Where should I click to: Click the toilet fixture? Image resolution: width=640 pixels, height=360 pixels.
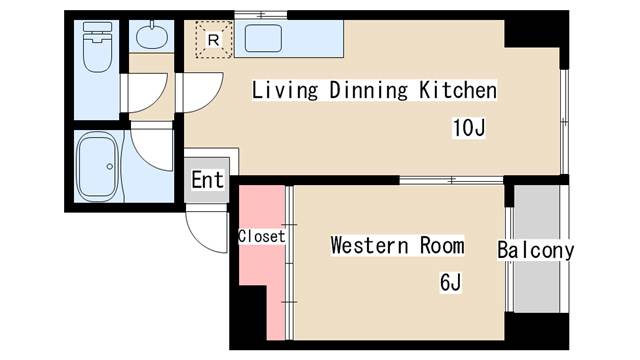(x=97, y=47)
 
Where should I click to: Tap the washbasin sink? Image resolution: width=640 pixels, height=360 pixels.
(x=152, y=36)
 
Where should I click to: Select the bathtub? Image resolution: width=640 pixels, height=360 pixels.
(x=98, y=167)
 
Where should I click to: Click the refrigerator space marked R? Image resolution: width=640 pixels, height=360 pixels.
(x=213, y=40)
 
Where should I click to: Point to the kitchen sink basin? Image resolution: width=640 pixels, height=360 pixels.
(x=263, y=38)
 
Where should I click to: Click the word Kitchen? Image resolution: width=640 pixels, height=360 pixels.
(x=458, y=90)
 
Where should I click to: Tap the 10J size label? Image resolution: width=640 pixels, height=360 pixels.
(x=469, y=128)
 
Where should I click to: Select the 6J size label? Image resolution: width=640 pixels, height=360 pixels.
(x=451, y=282)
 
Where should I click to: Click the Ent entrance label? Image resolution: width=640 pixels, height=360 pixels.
(x=208, y=180)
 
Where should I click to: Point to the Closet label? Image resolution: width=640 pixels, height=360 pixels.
(x=262, y=236)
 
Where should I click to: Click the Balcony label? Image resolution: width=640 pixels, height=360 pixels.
(x=536, y=250)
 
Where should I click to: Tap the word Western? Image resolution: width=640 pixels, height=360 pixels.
(x=369, y=245)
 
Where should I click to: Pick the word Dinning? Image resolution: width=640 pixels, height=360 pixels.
(x=368, y=90)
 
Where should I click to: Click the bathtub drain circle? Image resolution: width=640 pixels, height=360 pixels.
(x=109, y=167)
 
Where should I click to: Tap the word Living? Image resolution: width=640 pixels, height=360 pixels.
(x=284, y=90)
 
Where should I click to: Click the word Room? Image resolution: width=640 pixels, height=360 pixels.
(x=442, y=245)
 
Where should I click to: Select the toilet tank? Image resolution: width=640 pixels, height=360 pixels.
(x=97, y=27)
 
